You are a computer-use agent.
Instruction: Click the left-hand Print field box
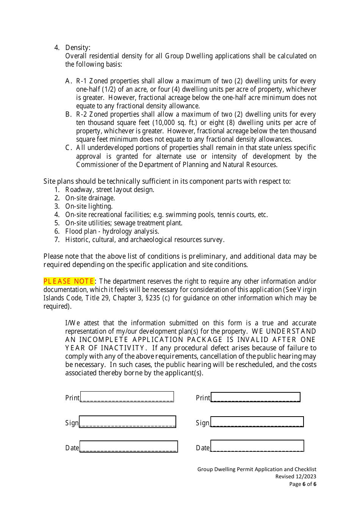click(127, 397)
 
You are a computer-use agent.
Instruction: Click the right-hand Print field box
click(255, 397)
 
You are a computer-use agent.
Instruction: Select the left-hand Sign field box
click(127, 422)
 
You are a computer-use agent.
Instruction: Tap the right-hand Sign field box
click(257, 422)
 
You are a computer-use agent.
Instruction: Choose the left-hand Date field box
click(128, 447)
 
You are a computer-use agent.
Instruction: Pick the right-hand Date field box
click(257, 446)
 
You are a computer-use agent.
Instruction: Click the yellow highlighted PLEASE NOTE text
click(69, 281)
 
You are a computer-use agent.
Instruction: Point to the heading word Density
click(77, 47)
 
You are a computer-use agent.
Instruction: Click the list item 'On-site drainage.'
click(90, 198)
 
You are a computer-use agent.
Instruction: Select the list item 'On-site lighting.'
click(89, 206)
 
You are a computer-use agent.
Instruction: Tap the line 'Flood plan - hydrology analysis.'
click(112, 231)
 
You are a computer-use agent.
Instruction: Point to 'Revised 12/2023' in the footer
click(296, 476)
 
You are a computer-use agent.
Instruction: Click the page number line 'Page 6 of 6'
click(302, 484)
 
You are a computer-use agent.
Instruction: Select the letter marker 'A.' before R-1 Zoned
click(69, 81)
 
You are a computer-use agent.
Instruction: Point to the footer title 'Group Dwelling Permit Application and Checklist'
click(257, 469)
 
